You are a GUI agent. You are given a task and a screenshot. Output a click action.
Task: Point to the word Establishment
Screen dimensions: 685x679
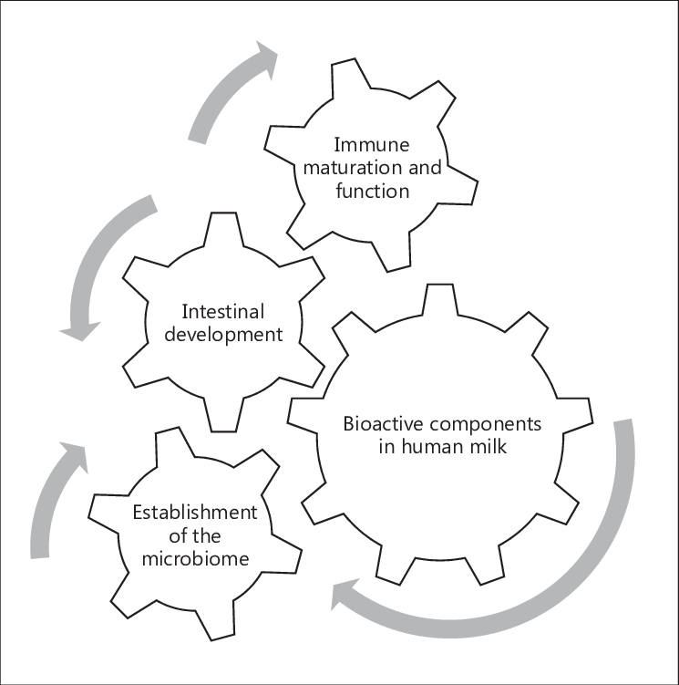[195, 511]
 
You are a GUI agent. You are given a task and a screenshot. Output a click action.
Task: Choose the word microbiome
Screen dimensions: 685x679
[195, 558]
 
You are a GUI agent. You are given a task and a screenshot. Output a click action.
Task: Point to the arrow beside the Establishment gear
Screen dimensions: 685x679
[53, 497]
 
